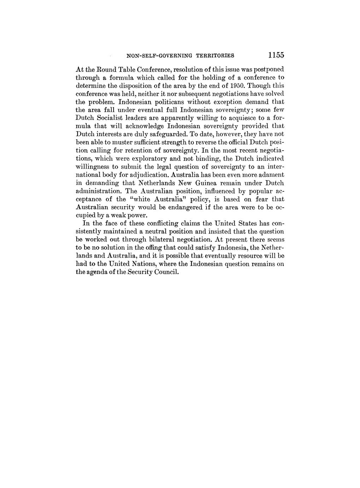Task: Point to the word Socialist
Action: tap(108, 118)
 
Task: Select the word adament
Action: tap(272, 175)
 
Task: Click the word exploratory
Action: tap(134, 158)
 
